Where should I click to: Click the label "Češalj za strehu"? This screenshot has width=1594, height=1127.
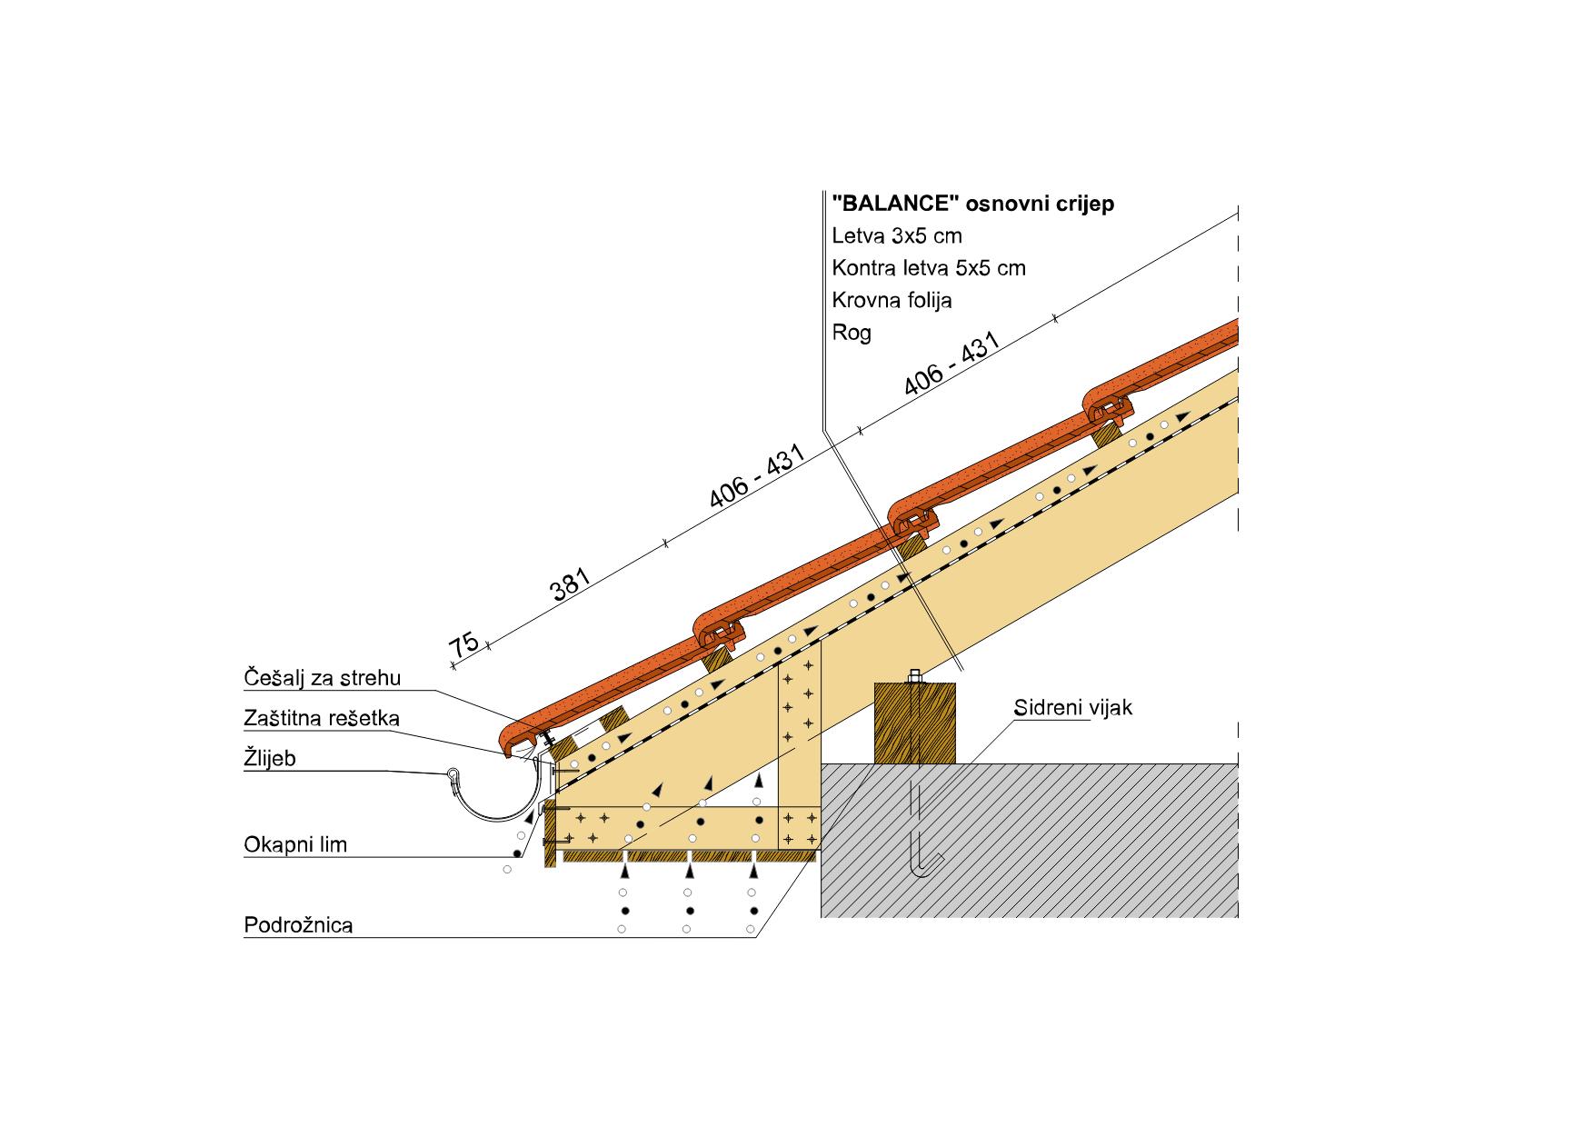pos(322,678)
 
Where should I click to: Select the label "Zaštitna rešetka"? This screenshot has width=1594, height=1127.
pos(322,718)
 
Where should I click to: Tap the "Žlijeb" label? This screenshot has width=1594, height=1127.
pos(270,758)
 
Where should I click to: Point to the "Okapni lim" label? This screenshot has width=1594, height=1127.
pos(295,845)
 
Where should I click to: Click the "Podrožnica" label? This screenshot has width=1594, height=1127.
pos(298,925)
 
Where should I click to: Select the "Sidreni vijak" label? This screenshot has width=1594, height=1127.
pos(1073,707)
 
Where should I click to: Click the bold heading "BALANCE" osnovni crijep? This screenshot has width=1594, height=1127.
pos(973,204)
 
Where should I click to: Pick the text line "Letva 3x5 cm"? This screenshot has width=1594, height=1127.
pos(897,236)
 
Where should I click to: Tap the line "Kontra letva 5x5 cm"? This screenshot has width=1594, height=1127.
pos(929,268)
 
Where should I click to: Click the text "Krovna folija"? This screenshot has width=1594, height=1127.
pos(892,300)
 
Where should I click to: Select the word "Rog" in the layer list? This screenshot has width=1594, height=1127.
pos(852,333)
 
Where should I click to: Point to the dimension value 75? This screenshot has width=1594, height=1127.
pos(464,644)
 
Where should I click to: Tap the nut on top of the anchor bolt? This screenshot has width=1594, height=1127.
pos(915,677)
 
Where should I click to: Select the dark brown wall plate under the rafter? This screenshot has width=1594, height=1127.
pos(915,723)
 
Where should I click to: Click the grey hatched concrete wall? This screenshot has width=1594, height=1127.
pos(1029,840)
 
